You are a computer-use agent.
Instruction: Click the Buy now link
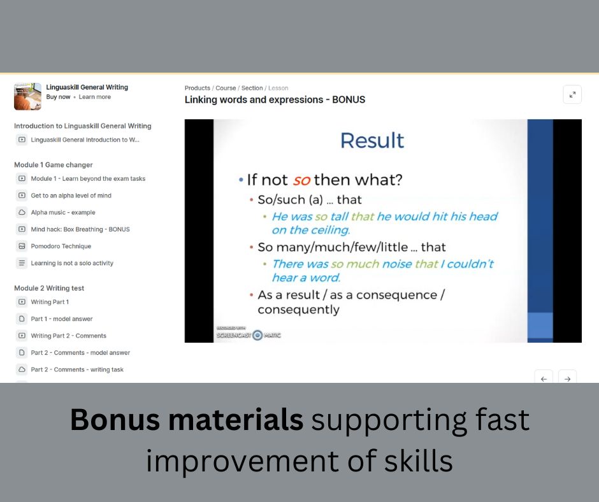coord(58,97)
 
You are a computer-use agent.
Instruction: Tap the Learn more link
coord(95,97)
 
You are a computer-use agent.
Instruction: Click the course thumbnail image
coord(27,96)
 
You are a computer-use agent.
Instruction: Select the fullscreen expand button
coord(572,94)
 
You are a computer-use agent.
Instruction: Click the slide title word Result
coord(372,140)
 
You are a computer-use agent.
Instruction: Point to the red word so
coord(301,180)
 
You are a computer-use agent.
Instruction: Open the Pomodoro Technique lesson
coord(61,246)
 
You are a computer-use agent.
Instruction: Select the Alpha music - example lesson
coord(63,212)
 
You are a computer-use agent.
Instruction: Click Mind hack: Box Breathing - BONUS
coord(80,229)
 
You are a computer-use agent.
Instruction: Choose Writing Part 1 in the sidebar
coord(50,302)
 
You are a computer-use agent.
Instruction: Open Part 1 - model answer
coord(62,319)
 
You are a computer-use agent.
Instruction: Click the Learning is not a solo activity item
coord(72,263)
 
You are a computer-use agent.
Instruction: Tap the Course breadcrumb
coord(226,88)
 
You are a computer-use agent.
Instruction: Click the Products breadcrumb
coord(197,88)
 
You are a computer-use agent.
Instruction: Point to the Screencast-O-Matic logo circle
coord(258,335)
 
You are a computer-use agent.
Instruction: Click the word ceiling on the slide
coord(331,231)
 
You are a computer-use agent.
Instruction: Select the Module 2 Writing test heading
coord(49,288)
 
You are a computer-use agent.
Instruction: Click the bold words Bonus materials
coord(187,419)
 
